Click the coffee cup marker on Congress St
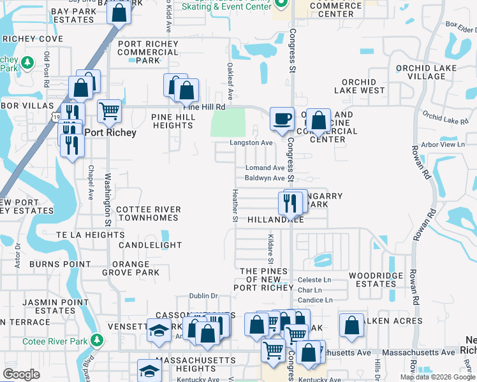pos(282,118)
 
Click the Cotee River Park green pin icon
pos(96,341)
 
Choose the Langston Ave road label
pos(251,143)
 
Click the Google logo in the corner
pos(21,374)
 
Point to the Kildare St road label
pos(270,248)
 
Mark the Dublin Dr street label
pos(204,296)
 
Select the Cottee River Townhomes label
pos(147,213)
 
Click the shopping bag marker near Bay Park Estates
pos(119,12)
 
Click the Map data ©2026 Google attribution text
pos(437,377)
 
